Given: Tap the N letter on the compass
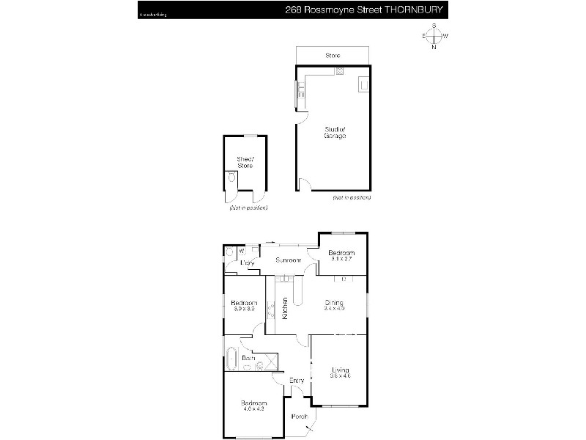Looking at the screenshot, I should (x=434, y=48).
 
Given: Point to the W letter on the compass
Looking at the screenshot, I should (x=446, y=36).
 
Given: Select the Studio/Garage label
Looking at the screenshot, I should (x=335, y=133).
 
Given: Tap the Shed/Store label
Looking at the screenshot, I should (x=245, y=162).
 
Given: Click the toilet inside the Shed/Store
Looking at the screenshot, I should (x=232, y=177).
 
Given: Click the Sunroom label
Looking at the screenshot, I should (x=288, y=260).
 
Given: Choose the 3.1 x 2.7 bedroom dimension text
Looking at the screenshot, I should (x=341, y=259).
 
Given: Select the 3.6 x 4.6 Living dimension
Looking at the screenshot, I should (x=341, y=376).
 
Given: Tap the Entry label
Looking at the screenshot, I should (x=297, y=380).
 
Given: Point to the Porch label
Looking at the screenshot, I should (x=299, y=417).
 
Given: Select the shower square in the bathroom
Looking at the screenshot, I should (x=270, y=360).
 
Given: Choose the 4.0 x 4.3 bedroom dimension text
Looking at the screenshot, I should (x=254, y=409).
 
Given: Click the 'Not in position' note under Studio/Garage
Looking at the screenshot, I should (x=352, y=198).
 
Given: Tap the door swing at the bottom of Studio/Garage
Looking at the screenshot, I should (x=305, y=185).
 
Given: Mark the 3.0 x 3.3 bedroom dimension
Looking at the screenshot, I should (x=244, y=309).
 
